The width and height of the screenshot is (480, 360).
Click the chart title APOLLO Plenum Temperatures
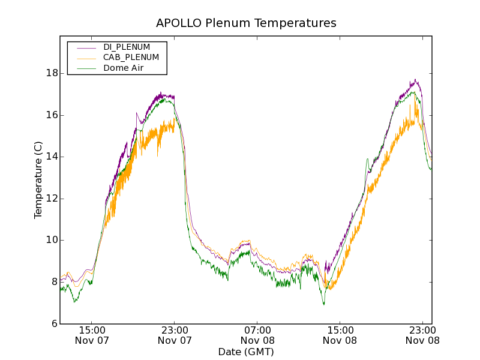coord(246,23)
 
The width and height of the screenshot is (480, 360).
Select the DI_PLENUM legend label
coord(127,47)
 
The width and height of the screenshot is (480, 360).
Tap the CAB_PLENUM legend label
coord(131,58)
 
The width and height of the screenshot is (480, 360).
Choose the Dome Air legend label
coord(124,68)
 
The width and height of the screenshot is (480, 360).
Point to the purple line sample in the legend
coord(86,47)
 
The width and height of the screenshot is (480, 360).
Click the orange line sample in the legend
coord(86,58)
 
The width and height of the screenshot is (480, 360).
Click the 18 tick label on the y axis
coord(52,73)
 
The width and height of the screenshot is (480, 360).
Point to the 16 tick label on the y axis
coord(52,115)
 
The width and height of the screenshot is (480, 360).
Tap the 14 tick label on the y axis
coord(52,157)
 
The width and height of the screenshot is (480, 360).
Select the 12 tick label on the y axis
coord(52,199)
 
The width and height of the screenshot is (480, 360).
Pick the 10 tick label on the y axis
coord(52,240)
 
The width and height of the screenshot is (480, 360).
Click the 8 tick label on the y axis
coord(54,282)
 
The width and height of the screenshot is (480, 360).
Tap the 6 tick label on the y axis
coord(54,324)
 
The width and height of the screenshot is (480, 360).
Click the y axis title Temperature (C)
coord(38,180)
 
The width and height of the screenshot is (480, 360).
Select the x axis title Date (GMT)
coord(246,352)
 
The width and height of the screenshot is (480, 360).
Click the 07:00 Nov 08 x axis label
coord(257,335)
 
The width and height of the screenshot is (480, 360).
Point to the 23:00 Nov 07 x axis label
coord(175,335)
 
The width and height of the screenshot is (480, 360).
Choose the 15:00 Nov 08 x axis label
coord(340,335)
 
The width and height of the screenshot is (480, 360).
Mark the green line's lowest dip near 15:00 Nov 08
coord(324,304)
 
